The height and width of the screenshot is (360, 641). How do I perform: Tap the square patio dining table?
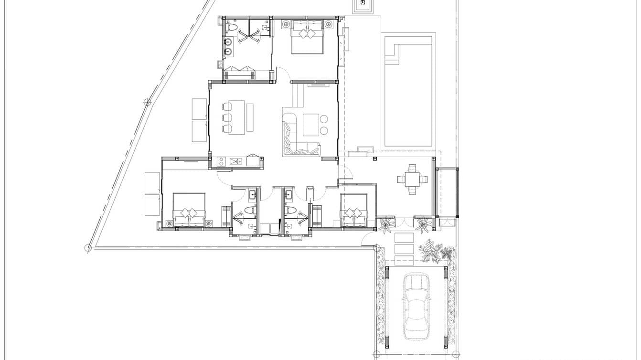[x=412, y=180]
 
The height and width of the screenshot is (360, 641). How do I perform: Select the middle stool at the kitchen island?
[x=227, y=117]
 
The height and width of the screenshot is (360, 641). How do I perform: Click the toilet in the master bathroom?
[x=229, y=27]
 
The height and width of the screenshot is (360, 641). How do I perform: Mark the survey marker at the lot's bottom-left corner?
[x=88, y=247]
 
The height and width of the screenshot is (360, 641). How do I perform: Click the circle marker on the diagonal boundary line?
[x=148, y=102]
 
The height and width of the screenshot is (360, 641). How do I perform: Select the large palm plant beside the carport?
[x=430, y=251]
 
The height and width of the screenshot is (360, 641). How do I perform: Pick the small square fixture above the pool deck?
[x=363, y=4]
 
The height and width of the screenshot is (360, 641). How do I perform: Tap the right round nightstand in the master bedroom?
[x=328, y=24]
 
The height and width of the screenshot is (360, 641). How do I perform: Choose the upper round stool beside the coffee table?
[x=325, y=119]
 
